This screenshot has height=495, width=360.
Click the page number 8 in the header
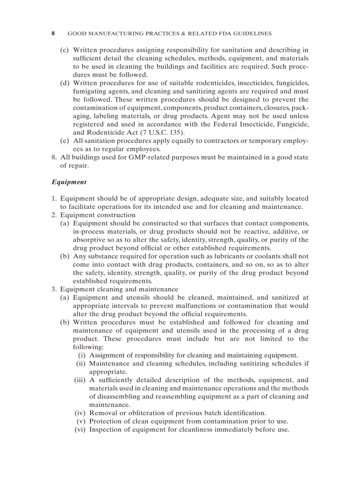[x=53, y=33]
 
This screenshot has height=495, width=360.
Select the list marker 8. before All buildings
[x=54, y=157]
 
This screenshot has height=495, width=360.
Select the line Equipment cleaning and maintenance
[x=119, y=290]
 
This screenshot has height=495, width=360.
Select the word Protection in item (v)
[x=106, y=421]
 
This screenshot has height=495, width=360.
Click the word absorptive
[x=88, y=240]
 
